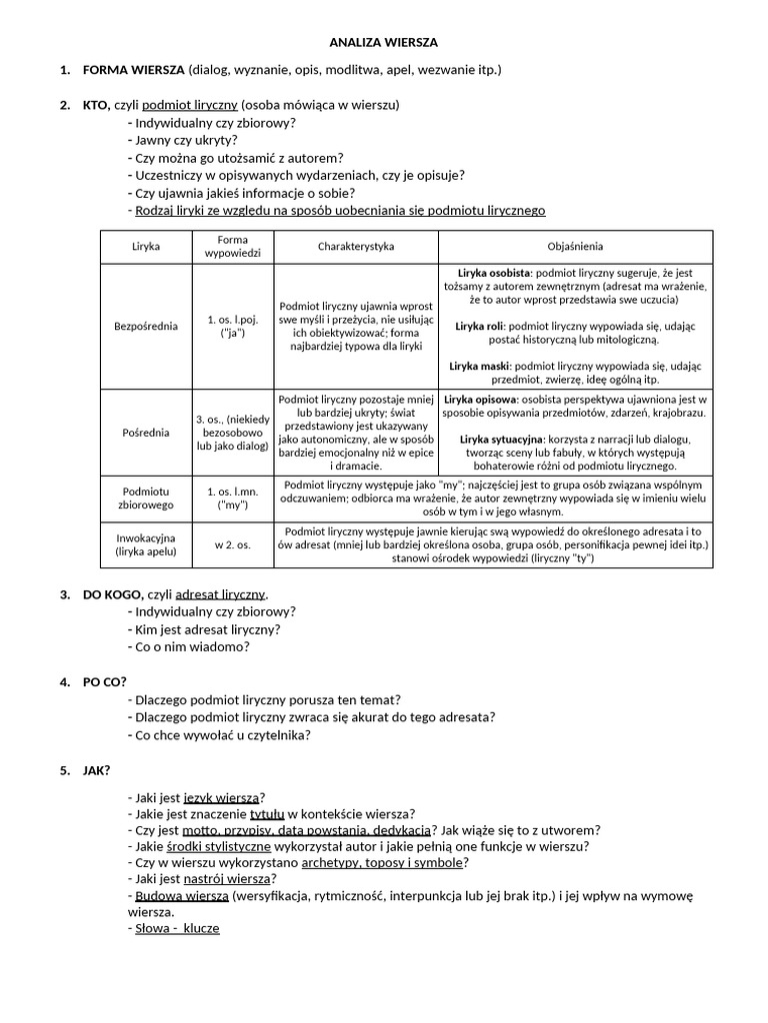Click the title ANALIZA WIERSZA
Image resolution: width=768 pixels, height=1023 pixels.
click(384, 43)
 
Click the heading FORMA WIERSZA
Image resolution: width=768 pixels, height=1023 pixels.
click(133, 70)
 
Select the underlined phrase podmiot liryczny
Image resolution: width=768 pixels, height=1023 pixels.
click(189, 105)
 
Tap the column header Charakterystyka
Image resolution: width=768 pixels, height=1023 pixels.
click(356, 246)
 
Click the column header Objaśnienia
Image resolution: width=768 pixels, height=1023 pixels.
click(575, 246)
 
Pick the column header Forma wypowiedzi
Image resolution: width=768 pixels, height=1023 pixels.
click(232, 246)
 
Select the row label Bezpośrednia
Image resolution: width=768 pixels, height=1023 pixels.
click(146, 326)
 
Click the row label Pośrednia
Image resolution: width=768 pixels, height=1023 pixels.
click(146, 433)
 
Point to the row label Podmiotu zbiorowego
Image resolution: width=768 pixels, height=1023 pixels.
click(146, 499)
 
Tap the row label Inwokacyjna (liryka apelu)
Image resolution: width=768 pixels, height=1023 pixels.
click(146, 544)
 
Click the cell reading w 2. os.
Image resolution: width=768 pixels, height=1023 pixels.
click(232, 544)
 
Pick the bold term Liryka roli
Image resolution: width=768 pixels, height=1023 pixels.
click(479, 326)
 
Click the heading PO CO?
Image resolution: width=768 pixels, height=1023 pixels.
click(104, 682)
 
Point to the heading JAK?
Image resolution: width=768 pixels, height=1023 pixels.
click(96, 770)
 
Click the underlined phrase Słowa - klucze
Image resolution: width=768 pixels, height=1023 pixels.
click(177, 928)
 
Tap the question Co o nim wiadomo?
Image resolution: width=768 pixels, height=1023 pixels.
click(192, 646)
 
